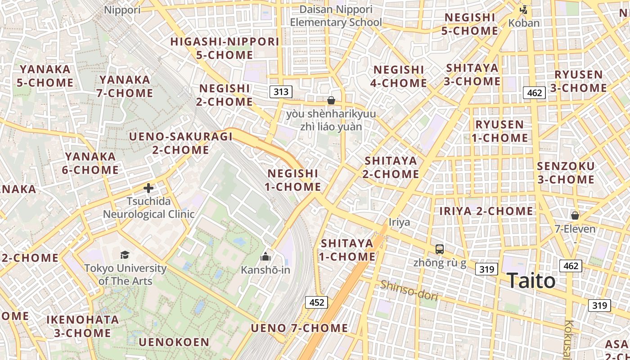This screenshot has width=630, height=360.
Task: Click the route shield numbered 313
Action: click(x=281, y=92)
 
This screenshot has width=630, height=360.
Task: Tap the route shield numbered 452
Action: click(x=316, y=302)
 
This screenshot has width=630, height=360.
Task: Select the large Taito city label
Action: click(x=531, y=281)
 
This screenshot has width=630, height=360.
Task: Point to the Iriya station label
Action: click(x=399, y=222)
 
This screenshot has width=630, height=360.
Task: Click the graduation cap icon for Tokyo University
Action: click(x=125, y=255)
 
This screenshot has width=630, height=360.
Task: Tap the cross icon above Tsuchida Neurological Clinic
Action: click(x=148, y=188)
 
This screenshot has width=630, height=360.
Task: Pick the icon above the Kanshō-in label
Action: click(x=265, y=256)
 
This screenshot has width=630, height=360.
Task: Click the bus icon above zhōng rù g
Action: click(x=440, y=249)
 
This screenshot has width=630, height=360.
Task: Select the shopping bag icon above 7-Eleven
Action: click(x=575, y=216)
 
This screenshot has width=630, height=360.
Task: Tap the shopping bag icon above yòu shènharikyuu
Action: click(x=331, y=100)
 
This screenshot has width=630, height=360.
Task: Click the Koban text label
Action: click(x=524, y=22)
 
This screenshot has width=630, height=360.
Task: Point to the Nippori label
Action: click(x=122, y=9)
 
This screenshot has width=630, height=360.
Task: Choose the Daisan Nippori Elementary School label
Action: click(x=336, y=16)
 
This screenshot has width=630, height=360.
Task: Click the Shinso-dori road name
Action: click(x=409, y=290)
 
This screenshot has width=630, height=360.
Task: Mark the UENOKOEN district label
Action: click(x=174, y=342)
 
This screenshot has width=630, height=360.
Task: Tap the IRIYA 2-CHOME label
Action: click(x=486, y=211)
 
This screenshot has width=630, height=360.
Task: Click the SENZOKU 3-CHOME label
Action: click(x=566, y=173)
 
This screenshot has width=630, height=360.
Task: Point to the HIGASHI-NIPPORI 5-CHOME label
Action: click(x=225, y=48)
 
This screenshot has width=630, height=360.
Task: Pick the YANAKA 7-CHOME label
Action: click(x=126, y=86)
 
